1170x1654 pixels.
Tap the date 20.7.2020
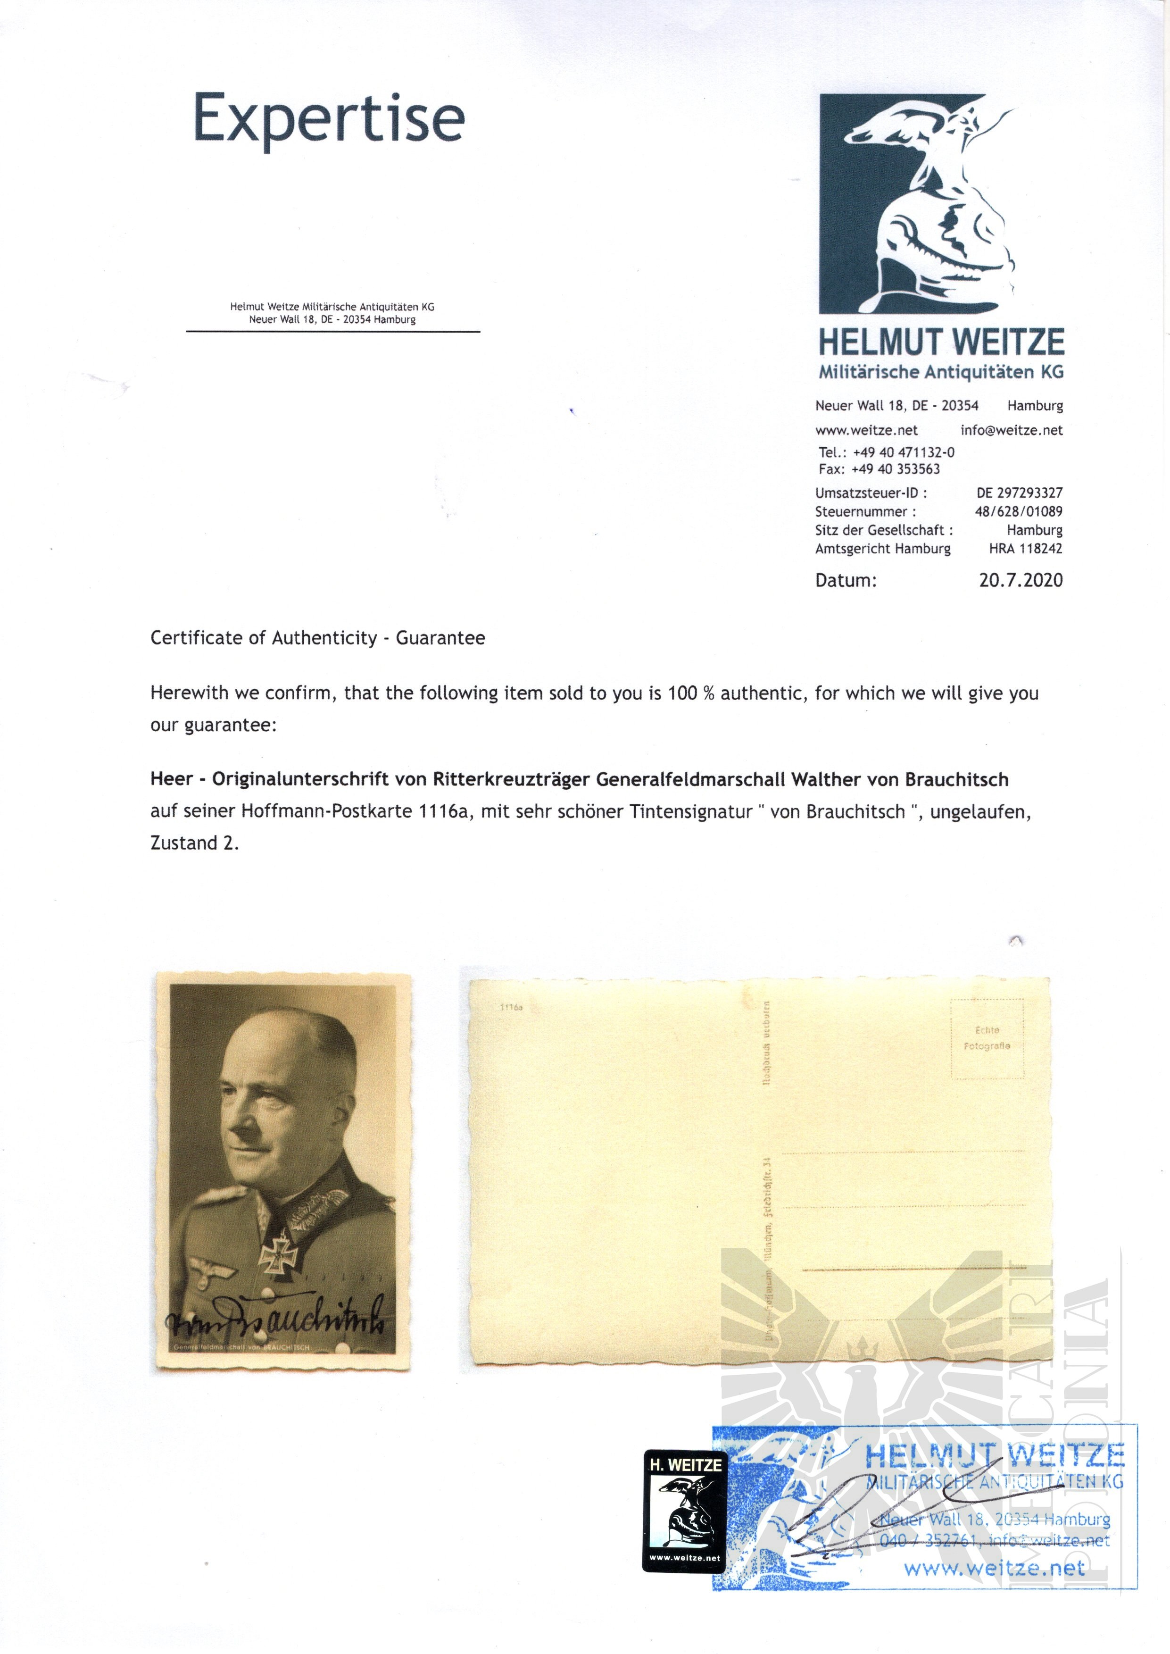1020,580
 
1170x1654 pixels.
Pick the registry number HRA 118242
1025,549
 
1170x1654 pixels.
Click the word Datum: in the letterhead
846,580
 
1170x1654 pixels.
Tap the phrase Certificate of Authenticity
264,638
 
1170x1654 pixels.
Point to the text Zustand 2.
194,843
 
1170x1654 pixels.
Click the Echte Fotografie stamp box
987,1038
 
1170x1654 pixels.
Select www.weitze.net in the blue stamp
994,1568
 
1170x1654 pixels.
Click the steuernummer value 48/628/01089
1018,512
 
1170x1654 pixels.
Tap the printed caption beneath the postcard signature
241,1348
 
